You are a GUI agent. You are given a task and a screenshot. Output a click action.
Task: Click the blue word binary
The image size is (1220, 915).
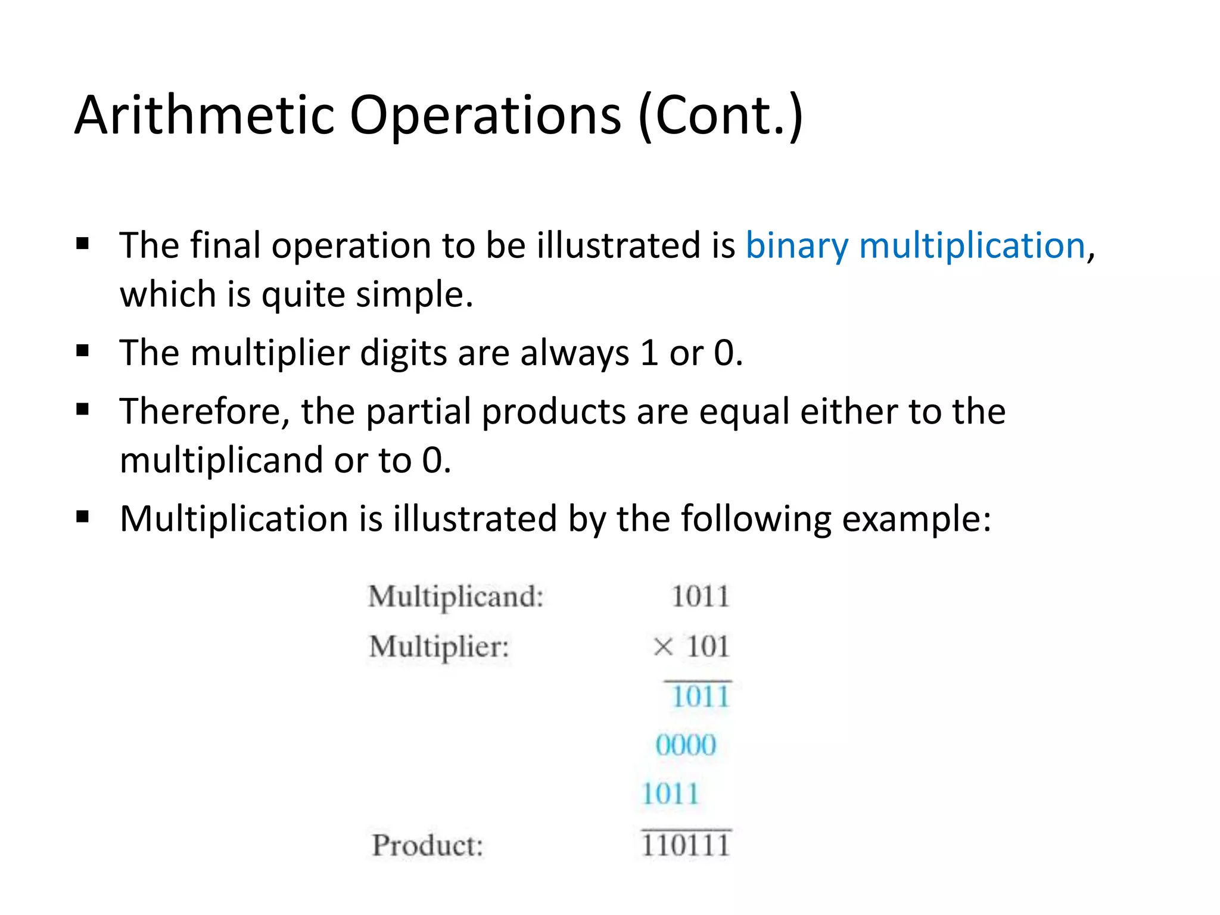pos(796,246)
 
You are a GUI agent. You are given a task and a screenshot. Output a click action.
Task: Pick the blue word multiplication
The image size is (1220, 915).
pos(972,246)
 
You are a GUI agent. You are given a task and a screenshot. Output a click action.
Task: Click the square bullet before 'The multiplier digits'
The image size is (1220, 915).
pos(83,351)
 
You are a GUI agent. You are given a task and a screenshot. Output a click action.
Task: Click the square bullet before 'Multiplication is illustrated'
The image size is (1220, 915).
pos(83,516)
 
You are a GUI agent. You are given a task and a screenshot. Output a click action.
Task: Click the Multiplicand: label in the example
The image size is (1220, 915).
pos(456,597)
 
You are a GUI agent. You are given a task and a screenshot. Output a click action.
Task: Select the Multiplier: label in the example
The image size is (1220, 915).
pos(439,647)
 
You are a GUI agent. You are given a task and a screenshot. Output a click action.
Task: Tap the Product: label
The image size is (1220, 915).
pos(427,845)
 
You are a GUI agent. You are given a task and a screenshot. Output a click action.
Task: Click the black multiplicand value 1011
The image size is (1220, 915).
pos(700,597)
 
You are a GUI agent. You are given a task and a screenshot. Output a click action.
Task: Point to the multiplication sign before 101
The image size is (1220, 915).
pos(662,646)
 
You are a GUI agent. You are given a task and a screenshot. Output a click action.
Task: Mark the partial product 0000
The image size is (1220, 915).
pos(686,745)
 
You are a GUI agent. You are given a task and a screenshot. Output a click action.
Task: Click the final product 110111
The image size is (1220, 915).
pos(686,845)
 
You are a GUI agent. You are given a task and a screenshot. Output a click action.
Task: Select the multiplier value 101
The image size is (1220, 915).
pos(708,646)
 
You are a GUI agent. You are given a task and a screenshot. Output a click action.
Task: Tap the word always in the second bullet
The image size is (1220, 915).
pos(574,353)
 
